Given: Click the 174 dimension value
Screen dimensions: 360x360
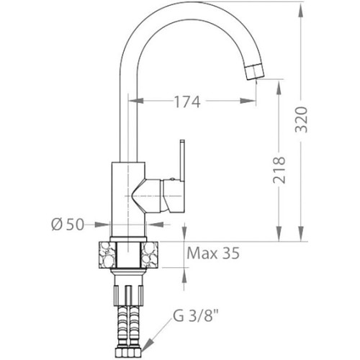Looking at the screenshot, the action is pos(187,102).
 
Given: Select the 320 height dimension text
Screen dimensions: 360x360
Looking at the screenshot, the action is pos(301,120).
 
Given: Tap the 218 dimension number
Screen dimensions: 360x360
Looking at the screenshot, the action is pos(279,170).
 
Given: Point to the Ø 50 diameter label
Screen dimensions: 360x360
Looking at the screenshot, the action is pos(68,225).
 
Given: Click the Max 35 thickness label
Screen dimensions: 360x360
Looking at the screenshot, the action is pos(213,253).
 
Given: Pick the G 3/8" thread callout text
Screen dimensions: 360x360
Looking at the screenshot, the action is pos(196,316).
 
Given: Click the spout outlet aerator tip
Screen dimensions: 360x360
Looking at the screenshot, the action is pos(256,71).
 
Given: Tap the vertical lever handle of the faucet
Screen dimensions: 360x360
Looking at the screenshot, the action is pos(182,161).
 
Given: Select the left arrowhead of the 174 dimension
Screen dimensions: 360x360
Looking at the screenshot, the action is pos(136,101).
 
